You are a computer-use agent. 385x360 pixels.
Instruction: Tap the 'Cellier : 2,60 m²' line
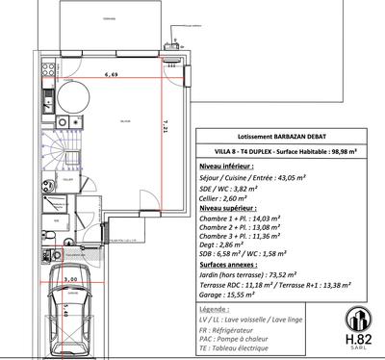click(232, 197)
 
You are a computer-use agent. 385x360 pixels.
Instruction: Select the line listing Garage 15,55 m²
click(227, 295)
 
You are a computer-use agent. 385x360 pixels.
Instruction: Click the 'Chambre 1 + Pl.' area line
click(240, 219)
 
